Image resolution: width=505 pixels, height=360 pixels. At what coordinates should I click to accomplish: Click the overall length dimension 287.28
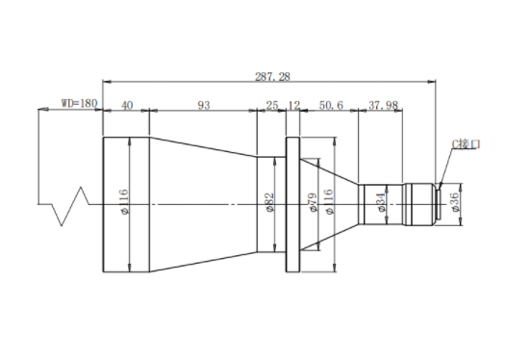[272, 77]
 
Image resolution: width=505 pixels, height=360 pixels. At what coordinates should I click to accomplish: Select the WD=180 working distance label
[79, 103]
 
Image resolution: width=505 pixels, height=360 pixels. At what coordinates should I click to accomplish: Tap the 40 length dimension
[127, 105]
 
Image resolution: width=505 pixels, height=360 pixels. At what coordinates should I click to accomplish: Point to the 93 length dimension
[204, 105]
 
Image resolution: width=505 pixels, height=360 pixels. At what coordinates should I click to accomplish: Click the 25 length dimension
[272, 105]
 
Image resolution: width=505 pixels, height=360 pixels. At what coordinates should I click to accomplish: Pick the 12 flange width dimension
[293, 105]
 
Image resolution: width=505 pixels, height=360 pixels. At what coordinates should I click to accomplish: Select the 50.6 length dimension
[331, 105]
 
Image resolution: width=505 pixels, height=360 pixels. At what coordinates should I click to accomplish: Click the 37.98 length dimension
[383, 105]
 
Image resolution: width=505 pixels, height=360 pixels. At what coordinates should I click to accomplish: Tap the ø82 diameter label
[269, 202]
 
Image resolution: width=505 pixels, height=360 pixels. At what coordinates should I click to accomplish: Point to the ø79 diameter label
[313, 202]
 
